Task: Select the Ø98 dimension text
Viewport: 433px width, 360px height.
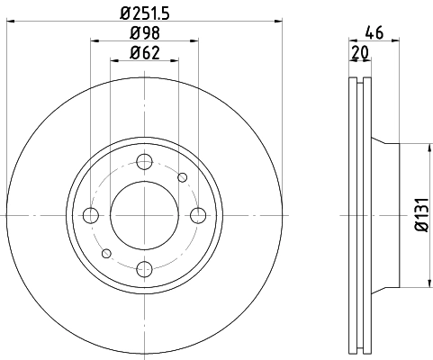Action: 144,32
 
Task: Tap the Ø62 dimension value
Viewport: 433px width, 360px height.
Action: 144,53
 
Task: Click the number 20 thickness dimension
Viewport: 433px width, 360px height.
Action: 361,53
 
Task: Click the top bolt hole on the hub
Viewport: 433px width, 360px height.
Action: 144,162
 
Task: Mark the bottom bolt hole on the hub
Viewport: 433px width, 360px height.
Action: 144,268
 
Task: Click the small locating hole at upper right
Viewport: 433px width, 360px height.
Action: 182,177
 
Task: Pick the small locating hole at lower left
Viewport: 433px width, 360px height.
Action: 106,253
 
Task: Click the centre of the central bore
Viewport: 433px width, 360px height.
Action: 144,215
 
